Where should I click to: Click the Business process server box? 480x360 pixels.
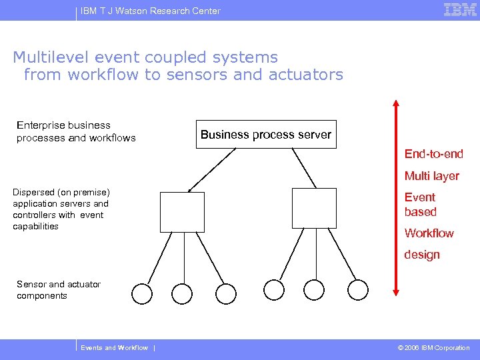pos(265,134)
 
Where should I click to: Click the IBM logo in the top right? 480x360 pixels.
pos(460,10)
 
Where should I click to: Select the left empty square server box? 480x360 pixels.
pos(182,211)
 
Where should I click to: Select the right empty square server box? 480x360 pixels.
pos(314,208)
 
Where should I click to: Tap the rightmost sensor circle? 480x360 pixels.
pos(358,289)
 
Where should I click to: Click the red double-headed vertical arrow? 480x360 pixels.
pos(395,197)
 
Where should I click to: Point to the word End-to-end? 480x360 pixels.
pos(433,154)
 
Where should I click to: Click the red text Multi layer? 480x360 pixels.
pos(431,176)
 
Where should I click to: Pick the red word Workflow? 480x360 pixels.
pos(429,233)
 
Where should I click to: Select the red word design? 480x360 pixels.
pos(422,255)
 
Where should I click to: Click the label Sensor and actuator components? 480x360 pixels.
pos(59,290)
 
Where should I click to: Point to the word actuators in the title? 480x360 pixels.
pos(306,75)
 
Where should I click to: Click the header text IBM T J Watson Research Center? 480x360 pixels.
pos(150,11)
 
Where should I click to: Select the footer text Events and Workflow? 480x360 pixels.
pos(114,348)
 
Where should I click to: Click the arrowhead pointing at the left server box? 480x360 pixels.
pos(189,191)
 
